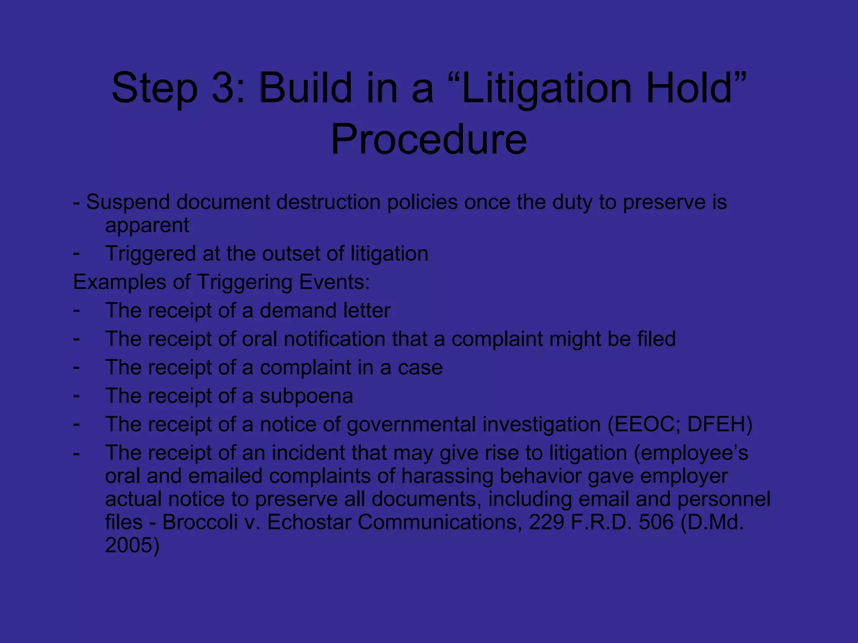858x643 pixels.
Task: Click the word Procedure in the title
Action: tap(429, 139)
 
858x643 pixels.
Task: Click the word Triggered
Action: tap(150, 254)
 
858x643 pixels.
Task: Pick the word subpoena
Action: tap(306, 396)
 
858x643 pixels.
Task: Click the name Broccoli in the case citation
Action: tap(200, 522)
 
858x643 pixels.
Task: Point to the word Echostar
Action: tap(309, 522)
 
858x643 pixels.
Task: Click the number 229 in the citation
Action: tap(546, 522)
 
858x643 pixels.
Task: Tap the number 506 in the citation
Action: tap(656, 522)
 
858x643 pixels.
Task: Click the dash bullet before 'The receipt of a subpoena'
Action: tap(76, 395)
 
